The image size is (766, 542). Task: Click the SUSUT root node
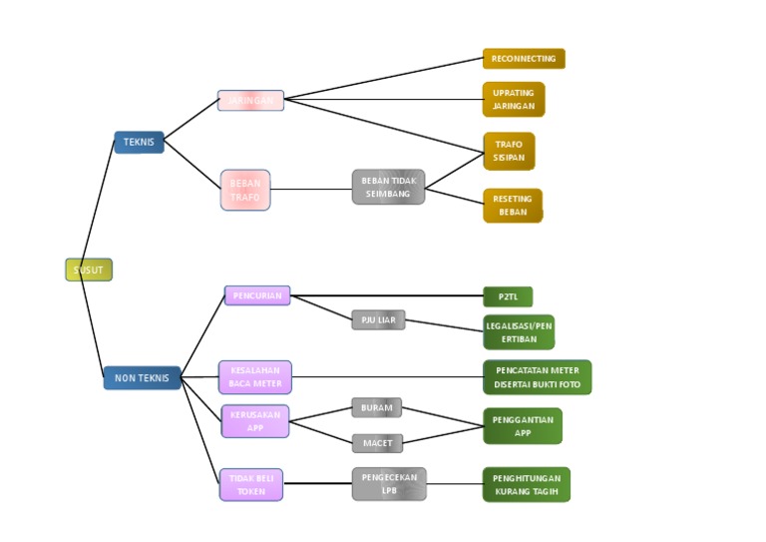89,270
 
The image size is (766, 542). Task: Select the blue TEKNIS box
139,143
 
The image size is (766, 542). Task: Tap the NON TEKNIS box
142,378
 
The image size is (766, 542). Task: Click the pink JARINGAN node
250,101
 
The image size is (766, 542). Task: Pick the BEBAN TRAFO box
245,190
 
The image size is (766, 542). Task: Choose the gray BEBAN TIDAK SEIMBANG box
388,187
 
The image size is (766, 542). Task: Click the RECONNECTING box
524,59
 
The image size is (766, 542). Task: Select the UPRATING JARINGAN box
514,100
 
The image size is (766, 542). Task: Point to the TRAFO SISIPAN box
509,151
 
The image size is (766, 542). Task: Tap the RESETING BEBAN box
513,206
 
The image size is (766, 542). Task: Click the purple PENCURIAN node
257,295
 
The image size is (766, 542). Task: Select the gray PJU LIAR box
378,320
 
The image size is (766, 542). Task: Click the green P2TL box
508,296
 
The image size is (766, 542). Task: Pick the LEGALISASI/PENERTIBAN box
519,332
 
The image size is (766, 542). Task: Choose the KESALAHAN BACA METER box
255,377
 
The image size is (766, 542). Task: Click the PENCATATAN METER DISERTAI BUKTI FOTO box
537,377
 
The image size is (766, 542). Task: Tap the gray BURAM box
376,408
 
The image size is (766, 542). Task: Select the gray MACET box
377,443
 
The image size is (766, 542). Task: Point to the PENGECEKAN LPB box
389,484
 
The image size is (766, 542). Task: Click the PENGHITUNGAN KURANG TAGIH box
527,484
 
